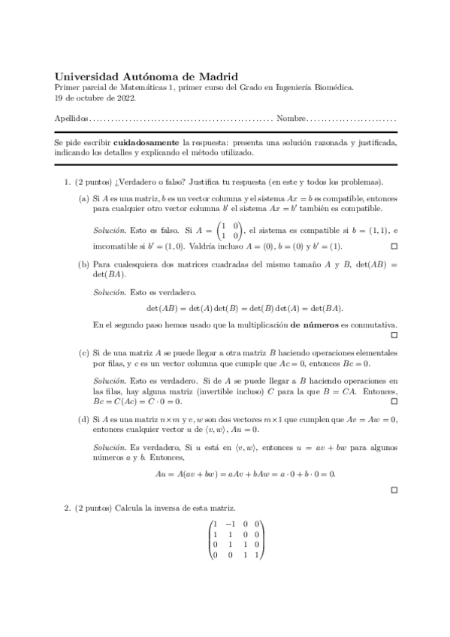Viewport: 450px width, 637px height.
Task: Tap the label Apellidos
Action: point(71,119)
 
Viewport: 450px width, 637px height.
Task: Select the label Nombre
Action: point(291,119)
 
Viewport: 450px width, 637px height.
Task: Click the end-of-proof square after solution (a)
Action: point(394,246)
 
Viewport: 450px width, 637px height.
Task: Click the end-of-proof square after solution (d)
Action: point(394,490)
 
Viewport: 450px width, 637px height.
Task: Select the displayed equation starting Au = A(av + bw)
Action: point(245,474)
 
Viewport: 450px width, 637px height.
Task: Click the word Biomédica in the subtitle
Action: point(332,87)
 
